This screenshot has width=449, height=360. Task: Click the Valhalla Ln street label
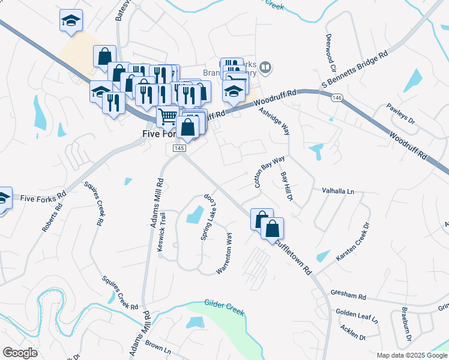(x=339, y=191)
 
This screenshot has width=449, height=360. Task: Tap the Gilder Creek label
(x=224, y=306)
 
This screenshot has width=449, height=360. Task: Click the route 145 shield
(x=179, y=148)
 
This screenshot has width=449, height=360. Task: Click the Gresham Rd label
(x=351, y=296)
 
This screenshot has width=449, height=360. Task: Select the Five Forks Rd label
(x=41, y=197)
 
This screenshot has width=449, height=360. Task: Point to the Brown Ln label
(x=158, y=347)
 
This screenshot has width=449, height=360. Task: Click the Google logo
(x=20, y=353)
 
